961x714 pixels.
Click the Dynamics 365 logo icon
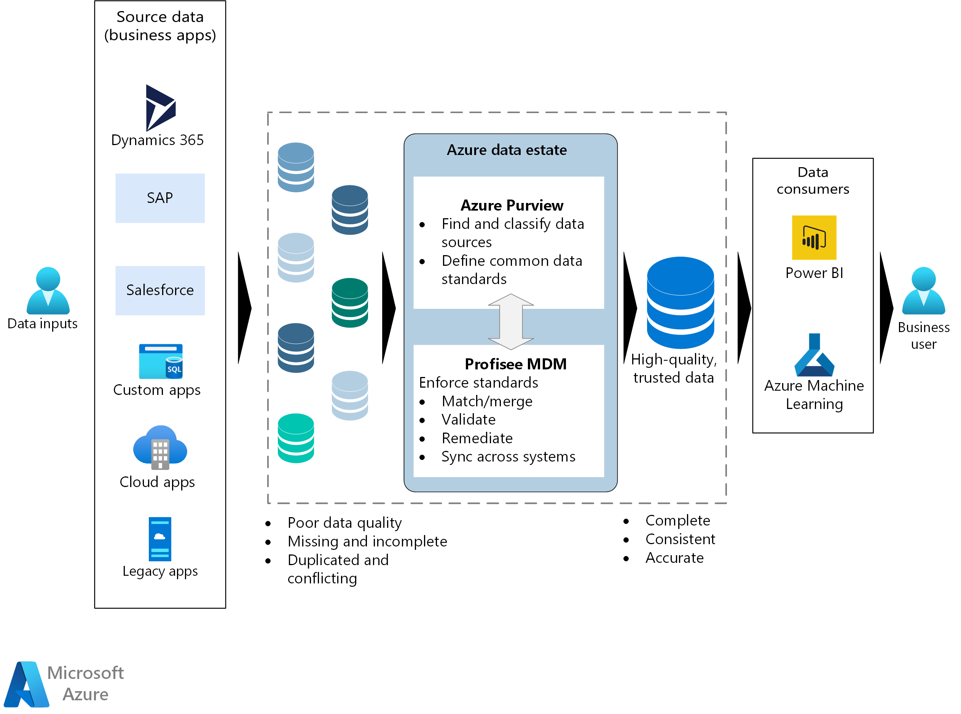[160, 108]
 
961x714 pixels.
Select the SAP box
[160, 198]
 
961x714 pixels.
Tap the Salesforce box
[160, 290]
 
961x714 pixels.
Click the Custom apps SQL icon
[161, 361]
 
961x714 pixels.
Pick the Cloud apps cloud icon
[160, 447]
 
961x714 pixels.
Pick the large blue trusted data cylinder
[680, 302]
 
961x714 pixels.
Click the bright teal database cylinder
[295, 438]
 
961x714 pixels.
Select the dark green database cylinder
[349, 302]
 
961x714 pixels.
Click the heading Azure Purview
[512, 205]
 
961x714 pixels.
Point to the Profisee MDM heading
[515, 364]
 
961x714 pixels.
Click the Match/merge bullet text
[486, 401]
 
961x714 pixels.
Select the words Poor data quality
[344, 522]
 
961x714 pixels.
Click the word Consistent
[680, 539]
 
